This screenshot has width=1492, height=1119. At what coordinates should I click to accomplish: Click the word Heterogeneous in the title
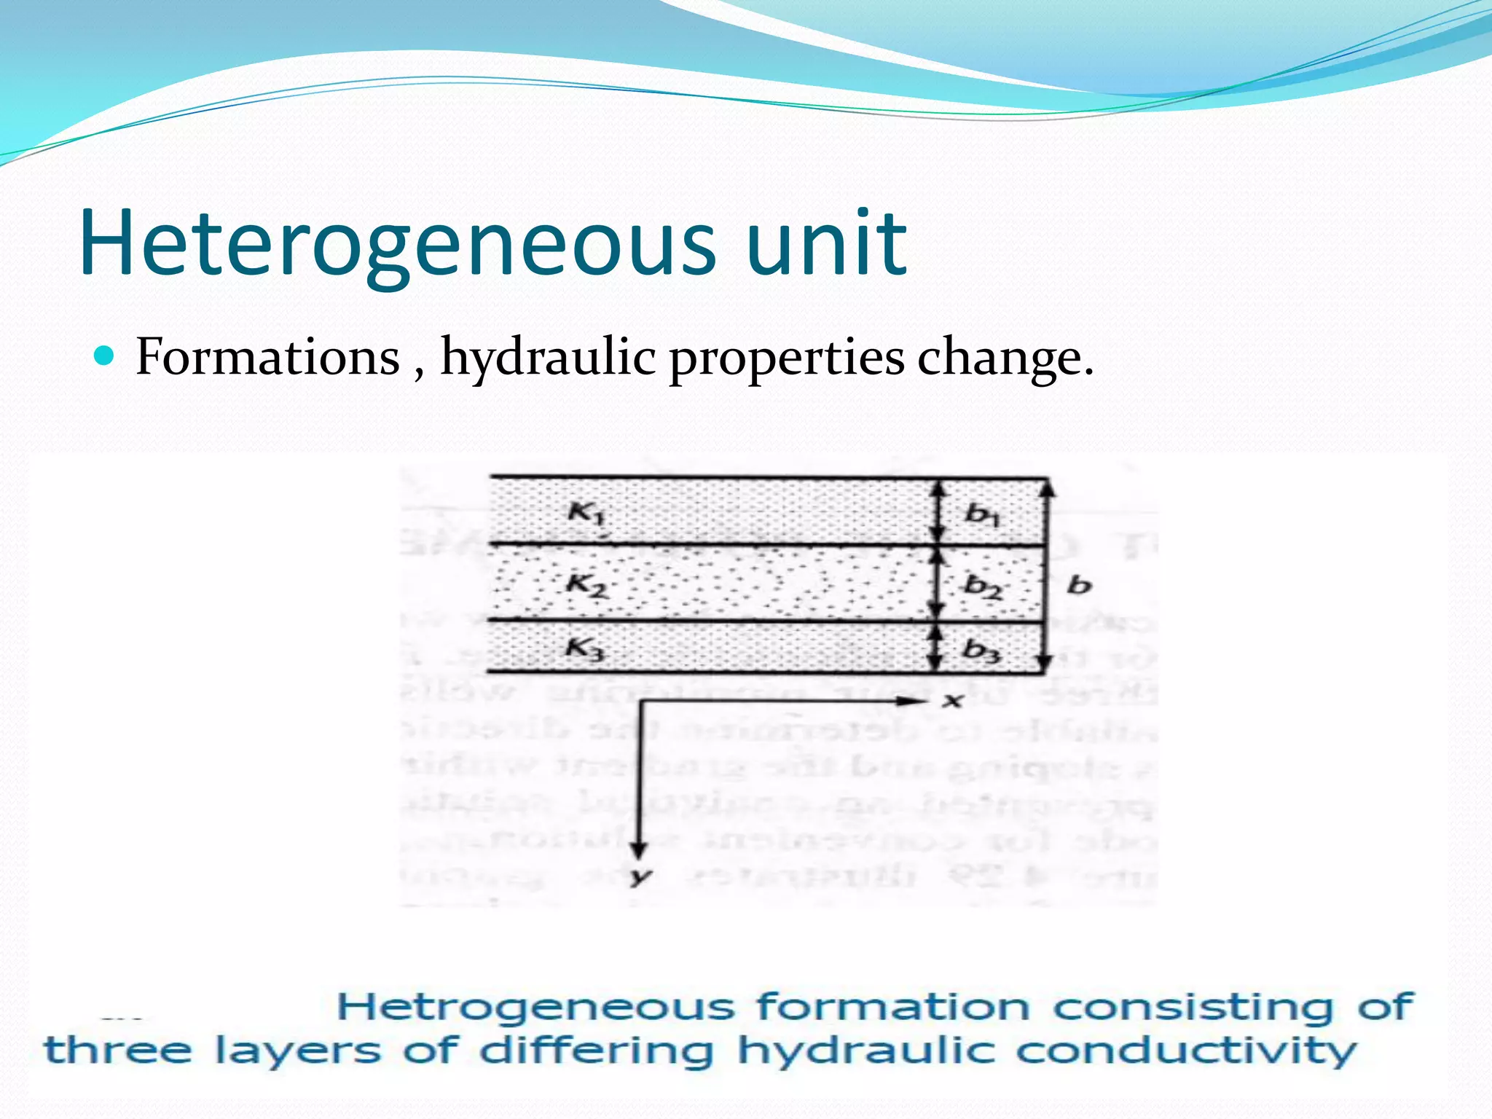(x=397, y=244)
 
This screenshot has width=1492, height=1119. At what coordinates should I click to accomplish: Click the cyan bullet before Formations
(x=105, y=356)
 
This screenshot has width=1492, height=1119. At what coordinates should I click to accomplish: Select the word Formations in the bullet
(x=267, y=357)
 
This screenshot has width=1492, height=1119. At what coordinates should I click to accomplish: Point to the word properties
(x=787, y=358)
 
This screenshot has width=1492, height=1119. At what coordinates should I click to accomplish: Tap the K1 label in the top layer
(x=586, y=514)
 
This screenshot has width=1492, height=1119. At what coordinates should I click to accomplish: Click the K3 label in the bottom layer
(x=586, y=648)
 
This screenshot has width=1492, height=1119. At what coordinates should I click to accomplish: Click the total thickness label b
(x=1079, y=584)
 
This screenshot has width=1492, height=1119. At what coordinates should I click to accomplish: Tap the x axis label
(x=952, y=701)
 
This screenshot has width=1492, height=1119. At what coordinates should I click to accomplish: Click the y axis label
(x=640, y=876)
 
